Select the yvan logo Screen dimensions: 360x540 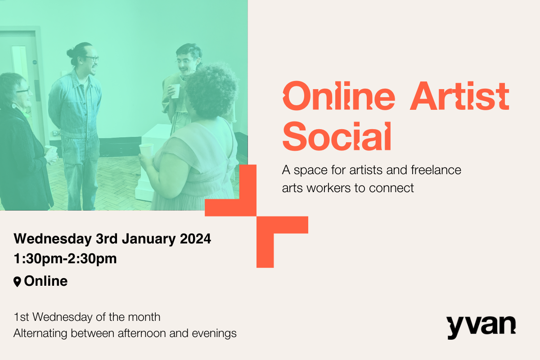tap(481, 326)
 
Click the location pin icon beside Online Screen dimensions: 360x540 tap(18, 282)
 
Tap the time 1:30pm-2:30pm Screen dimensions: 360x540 tap(65, 259)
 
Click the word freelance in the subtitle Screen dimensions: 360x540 tap(436, 171)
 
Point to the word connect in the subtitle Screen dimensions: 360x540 tap(391, 188)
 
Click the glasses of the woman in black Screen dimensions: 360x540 tap(23, 91)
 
